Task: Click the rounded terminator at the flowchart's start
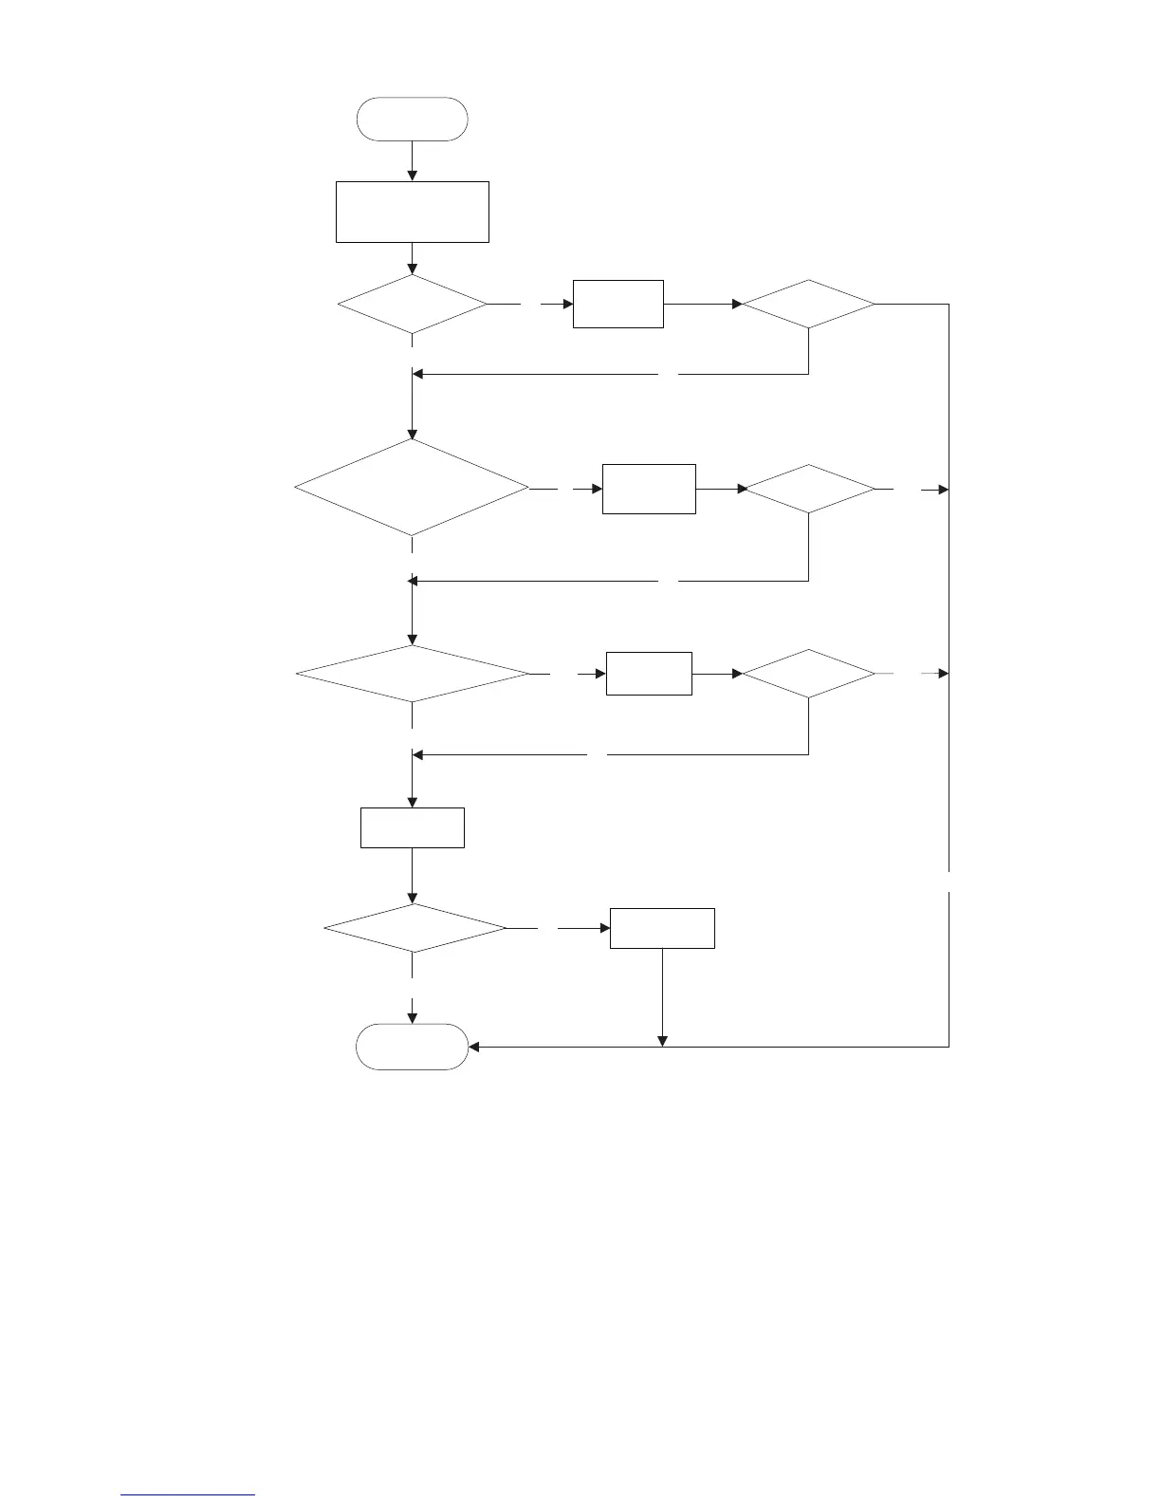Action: point(412,119)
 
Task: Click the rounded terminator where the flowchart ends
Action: point(412,1047)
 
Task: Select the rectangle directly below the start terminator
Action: point(412,212)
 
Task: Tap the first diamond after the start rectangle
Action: point(412,305)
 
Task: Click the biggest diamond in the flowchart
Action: point(412,489)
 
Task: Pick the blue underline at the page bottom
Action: point(188,1494)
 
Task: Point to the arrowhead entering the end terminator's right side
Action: point(475,1047)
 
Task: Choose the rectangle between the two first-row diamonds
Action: point(617,304)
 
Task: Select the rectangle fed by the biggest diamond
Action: point(649,489)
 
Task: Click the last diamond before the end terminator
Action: point(415,927)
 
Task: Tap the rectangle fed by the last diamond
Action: point(661,928)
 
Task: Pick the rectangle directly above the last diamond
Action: point(412,827)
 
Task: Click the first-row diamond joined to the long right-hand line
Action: point(808,304)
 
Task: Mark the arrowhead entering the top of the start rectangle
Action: point(412,176)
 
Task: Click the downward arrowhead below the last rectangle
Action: point(661,1041)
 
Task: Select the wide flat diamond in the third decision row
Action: point(412,674)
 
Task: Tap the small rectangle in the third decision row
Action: point(649,674)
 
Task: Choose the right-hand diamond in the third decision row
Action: point(808,674)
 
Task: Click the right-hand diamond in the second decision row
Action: point(808,489)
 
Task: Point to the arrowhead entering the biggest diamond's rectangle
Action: point(597,489)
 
